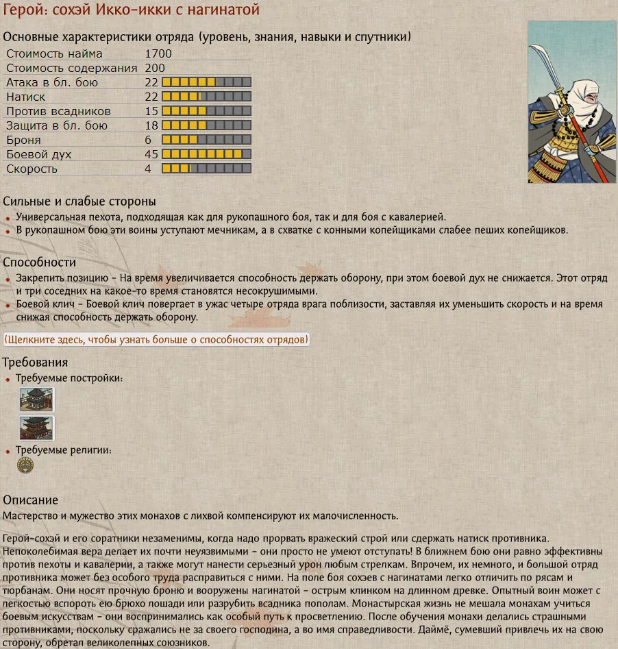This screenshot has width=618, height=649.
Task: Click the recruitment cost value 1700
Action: (x=158, y=53)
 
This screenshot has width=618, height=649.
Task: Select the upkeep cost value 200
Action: (x=155, y=68)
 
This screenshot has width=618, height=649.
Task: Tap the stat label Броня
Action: (x=23, y=140)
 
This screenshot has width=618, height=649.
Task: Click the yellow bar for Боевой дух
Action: (x=206, y=154)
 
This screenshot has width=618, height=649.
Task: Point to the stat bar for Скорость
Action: (x=206, y=169)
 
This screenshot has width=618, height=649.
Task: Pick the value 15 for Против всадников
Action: (x=151, y=111)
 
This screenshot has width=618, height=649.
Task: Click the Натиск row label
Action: (x=25, y=97)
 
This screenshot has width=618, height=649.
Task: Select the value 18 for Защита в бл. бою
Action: (x=151, y=125)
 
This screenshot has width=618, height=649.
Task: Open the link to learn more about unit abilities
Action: (x=156, y=339)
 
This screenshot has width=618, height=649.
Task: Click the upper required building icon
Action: (x=36, y=399)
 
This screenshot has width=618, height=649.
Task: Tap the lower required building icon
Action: (x=36, y=428)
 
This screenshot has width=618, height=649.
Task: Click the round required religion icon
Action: (x=25, y=465)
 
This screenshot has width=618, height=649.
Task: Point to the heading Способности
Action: (x=39, y=262)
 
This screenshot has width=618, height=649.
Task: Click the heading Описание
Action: (x=30, y=500)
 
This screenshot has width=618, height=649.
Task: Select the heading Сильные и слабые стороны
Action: (x=79, y=201)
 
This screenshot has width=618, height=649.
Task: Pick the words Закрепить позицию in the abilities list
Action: (x=61, y=279)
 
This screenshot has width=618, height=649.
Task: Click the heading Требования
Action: (x=35, y=362)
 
